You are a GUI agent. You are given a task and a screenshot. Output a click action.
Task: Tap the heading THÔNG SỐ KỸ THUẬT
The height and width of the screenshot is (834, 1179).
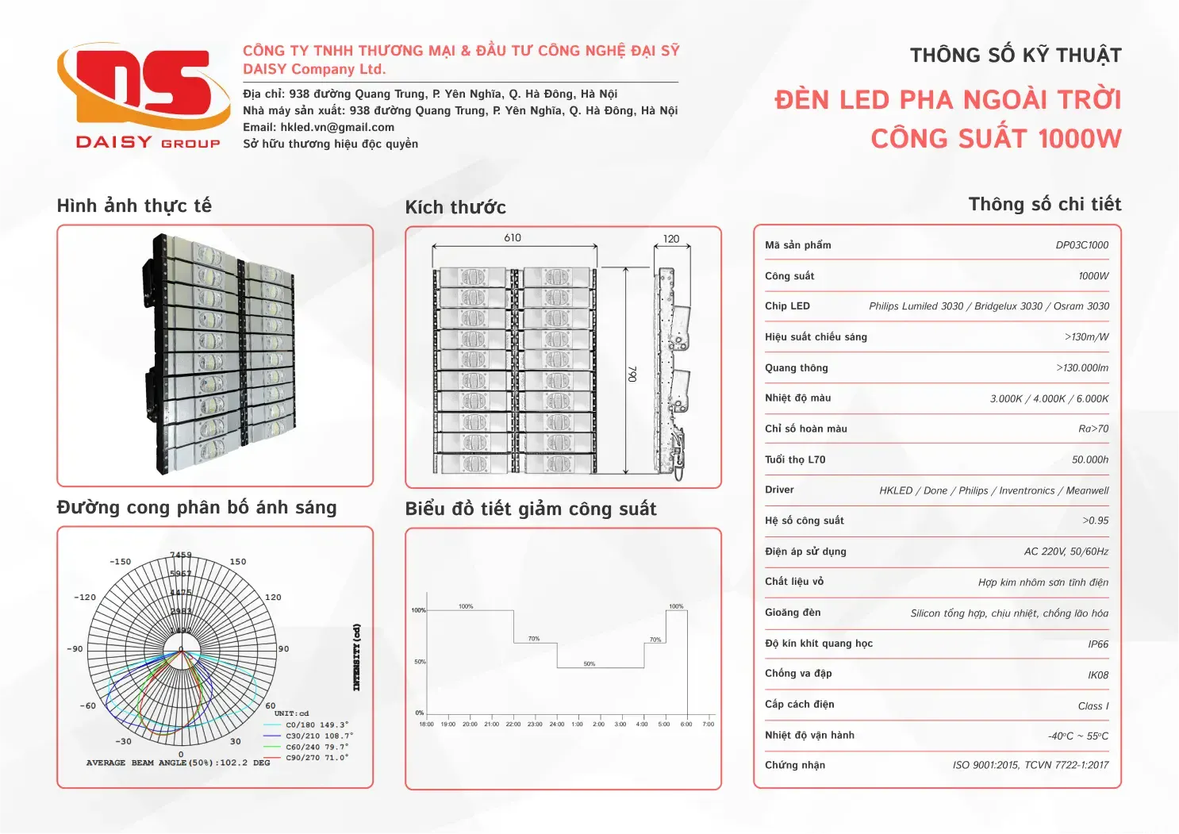tap(1015, 56)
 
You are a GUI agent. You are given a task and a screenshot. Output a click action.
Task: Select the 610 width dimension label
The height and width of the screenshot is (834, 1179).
tap(513, 237)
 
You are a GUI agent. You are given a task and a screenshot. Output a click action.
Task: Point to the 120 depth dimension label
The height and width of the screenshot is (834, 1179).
tap(671, 239)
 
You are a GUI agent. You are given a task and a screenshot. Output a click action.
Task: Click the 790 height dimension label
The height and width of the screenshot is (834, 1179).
tap(632, 374)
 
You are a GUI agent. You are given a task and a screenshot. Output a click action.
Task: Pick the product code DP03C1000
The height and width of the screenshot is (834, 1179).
tap(1081, 245)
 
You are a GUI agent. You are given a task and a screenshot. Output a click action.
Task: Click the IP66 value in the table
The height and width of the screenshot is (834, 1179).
tap(1098, 644)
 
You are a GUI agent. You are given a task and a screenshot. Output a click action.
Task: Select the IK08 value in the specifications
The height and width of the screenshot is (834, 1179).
tap(1098, 675)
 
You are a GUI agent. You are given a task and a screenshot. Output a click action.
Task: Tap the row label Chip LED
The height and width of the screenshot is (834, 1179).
tap(787, 306)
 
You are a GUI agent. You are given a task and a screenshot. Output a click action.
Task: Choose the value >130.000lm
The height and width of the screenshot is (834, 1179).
tap(1082, 368)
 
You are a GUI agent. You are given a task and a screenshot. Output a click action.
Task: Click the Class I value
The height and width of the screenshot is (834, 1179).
tap(1093, 706)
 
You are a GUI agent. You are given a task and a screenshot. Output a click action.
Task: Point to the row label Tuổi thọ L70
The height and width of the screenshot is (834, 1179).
tap(795, 459)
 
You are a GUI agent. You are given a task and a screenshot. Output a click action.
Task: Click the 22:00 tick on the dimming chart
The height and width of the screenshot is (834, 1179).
tap(513, 724)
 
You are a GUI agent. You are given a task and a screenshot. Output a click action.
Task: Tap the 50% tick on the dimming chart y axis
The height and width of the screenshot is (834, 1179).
tap(420, 662)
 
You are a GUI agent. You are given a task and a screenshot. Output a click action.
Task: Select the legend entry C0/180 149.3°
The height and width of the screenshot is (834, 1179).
tap(317, 724)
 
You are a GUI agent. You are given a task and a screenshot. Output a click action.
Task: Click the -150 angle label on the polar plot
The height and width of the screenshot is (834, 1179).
tap(121, 562)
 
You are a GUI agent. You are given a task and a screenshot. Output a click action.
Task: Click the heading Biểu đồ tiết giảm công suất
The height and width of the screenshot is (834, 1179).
tap(530, 509)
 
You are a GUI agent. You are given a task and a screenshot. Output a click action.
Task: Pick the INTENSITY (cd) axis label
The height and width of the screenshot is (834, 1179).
tap(356, 657)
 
